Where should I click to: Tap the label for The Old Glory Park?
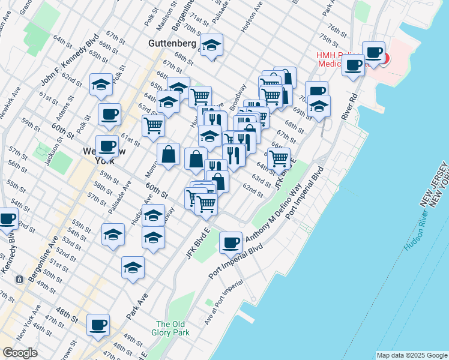coord(172,328)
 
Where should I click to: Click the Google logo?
coord(20,353)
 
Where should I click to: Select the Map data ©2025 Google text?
coord(411,355)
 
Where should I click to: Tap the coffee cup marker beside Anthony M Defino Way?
coord(231,243)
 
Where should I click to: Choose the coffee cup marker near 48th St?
coord(98,325)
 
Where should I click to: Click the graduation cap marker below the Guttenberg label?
coord(211,47)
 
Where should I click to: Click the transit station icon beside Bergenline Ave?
coord(20,280)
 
